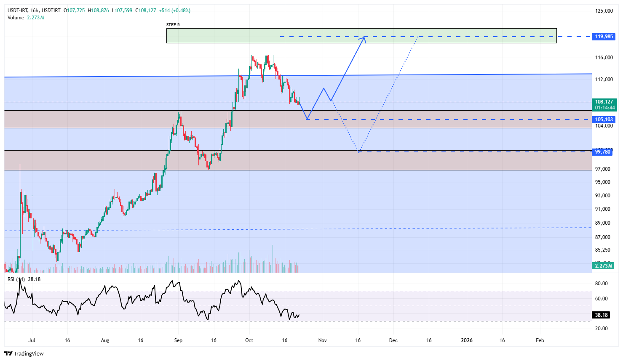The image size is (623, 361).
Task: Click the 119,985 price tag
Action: point(604,37)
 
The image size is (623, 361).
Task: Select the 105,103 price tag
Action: point(604,119)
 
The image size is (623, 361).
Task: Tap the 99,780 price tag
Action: point(603,152)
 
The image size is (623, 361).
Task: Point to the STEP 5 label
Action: point(173,25)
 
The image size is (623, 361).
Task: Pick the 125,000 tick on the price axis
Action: point(604,11)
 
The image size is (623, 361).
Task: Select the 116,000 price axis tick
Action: point(604,58)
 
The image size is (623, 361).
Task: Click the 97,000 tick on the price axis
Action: point(603,169)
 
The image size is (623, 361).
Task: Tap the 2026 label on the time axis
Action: point(467,340)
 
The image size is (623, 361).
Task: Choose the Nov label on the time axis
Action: point(323,340)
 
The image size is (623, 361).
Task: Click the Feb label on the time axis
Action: point(540,340)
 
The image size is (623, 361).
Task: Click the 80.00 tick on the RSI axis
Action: point(601,284)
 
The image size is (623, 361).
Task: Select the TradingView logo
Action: point(24,353)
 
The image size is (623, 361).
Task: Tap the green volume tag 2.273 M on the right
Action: point(603,266)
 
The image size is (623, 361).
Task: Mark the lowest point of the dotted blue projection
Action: point(359,151)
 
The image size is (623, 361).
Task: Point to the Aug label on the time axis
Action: point(105,340)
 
